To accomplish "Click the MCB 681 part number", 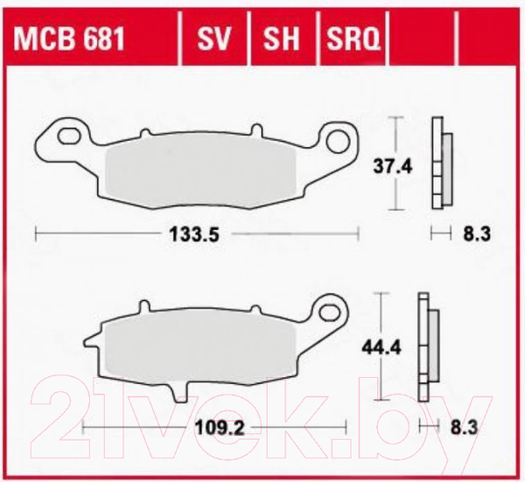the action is pos(69,38).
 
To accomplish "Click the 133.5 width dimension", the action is pos(194,234).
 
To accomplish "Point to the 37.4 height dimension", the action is pos(392,166).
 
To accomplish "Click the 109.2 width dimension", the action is pos(220,428).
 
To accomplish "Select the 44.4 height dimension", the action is pos(381,348).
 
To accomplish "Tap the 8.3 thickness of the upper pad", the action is pos(477,234).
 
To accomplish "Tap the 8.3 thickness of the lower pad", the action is pos(464,428).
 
